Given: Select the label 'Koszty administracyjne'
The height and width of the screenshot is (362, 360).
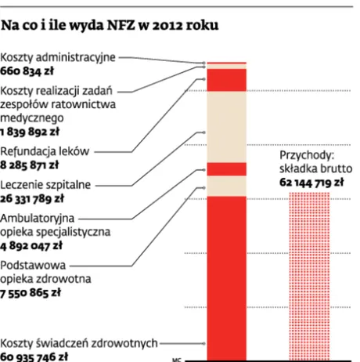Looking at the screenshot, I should (x=59, y=57).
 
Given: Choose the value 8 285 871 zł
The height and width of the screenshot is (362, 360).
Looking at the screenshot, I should (x=31, y=165).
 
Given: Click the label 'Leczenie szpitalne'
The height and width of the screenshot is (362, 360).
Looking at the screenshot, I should (x=46, y=185).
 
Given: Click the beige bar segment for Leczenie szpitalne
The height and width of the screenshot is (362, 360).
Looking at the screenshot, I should (x=226, y=125).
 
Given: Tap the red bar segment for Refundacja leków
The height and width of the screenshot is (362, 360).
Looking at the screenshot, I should (x=226, y=80).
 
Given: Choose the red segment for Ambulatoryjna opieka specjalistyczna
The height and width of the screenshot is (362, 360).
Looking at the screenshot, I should (x=226, y=169).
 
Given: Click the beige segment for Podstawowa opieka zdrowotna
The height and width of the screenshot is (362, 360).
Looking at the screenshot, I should (x=226, y=186).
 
